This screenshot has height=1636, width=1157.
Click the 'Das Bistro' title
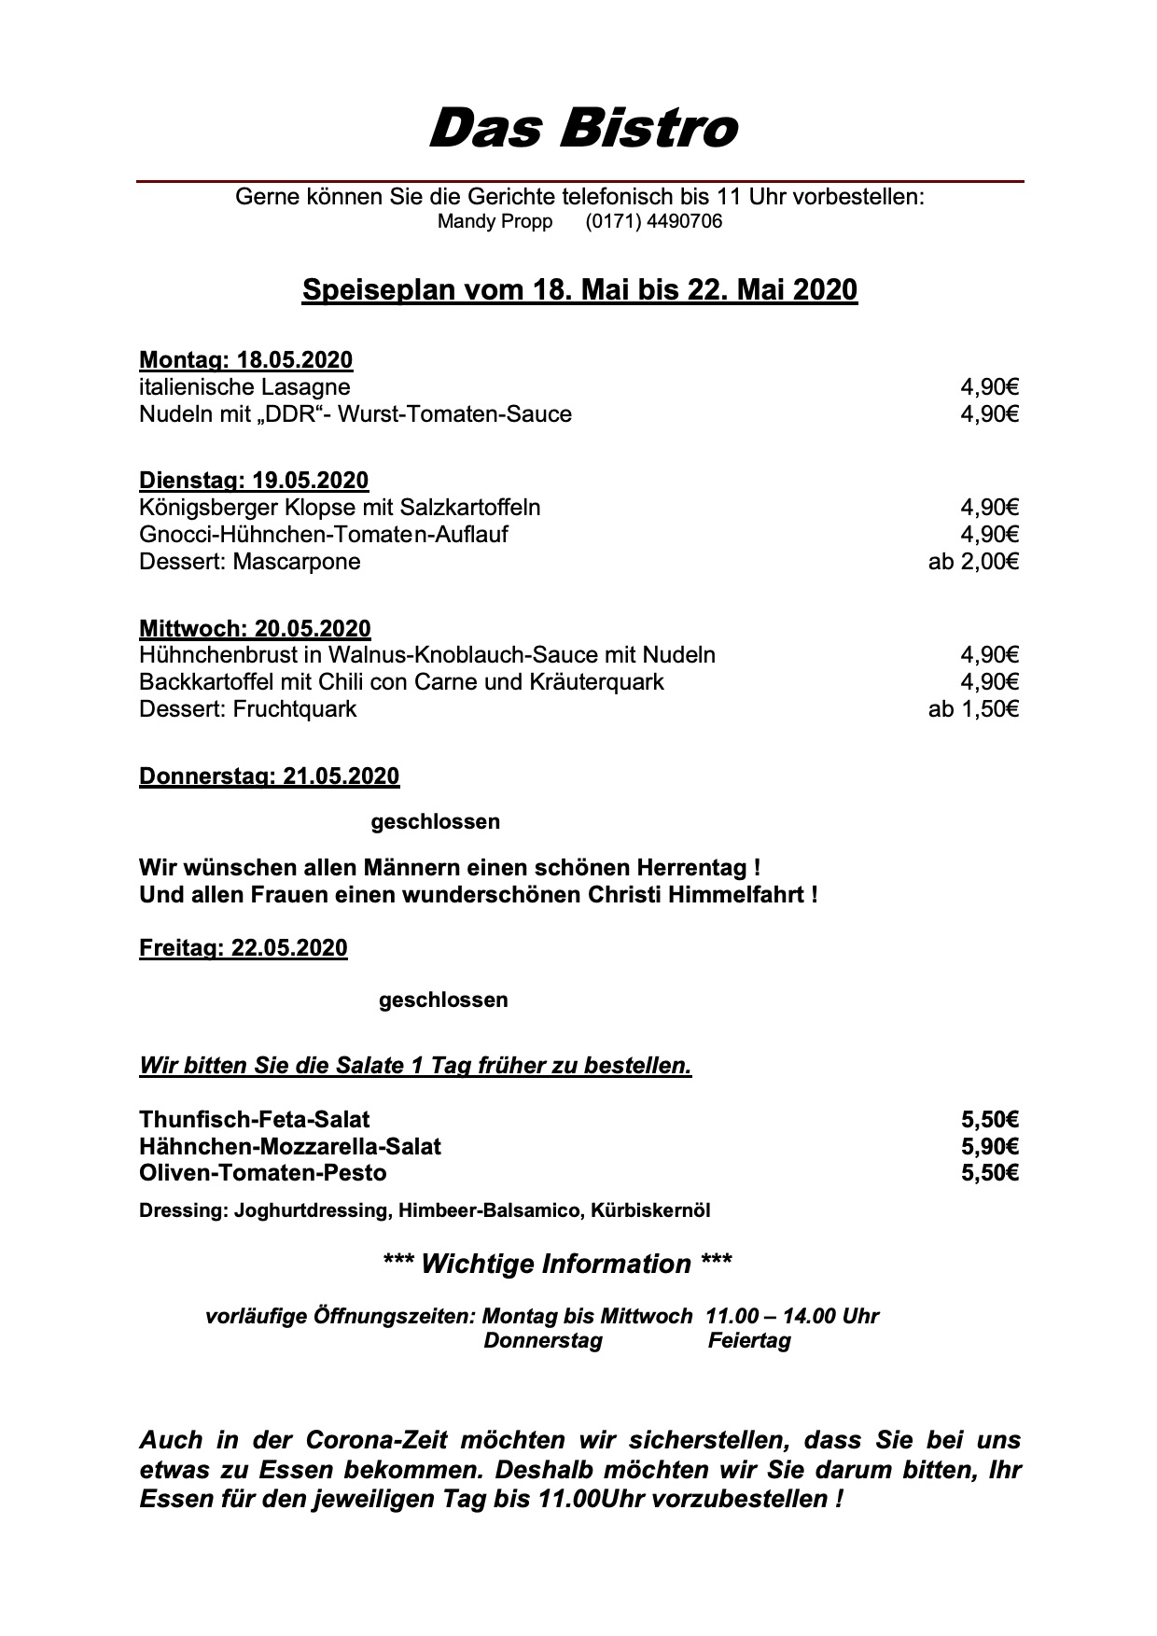583,128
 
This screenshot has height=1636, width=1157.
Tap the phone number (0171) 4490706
653,222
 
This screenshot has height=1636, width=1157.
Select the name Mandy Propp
495,222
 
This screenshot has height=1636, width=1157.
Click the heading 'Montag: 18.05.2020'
245,360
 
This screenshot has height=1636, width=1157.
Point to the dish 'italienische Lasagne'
244,387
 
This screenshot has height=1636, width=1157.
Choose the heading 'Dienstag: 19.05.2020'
254,481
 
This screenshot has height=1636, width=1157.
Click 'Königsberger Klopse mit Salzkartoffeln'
340,508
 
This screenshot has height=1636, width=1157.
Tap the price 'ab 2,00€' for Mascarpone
973,562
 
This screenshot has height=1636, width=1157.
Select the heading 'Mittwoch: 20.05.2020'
255,628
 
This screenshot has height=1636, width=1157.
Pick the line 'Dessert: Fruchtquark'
247,709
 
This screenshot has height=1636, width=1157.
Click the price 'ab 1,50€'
973,709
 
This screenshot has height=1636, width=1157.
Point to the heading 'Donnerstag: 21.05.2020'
269,776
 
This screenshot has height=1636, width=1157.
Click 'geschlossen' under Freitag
443,1000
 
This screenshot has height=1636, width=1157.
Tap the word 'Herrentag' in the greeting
690,868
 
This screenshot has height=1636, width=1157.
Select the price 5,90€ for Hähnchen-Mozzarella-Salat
989,1146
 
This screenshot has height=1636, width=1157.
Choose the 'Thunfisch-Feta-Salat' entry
254,1119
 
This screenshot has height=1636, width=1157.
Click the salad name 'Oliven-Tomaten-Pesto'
262,1173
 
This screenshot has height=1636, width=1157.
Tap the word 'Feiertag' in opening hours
749,1341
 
